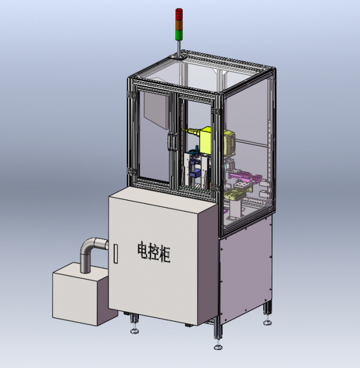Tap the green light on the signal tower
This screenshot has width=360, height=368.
(x=179, y=35)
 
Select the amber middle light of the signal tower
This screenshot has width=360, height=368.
(x=179, y=24)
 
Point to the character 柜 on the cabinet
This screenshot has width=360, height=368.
(x=165, y=254)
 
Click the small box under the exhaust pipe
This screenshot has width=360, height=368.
(x=80, y=298)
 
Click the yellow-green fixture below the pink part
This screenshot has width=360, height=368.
(x=233, y=195)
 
